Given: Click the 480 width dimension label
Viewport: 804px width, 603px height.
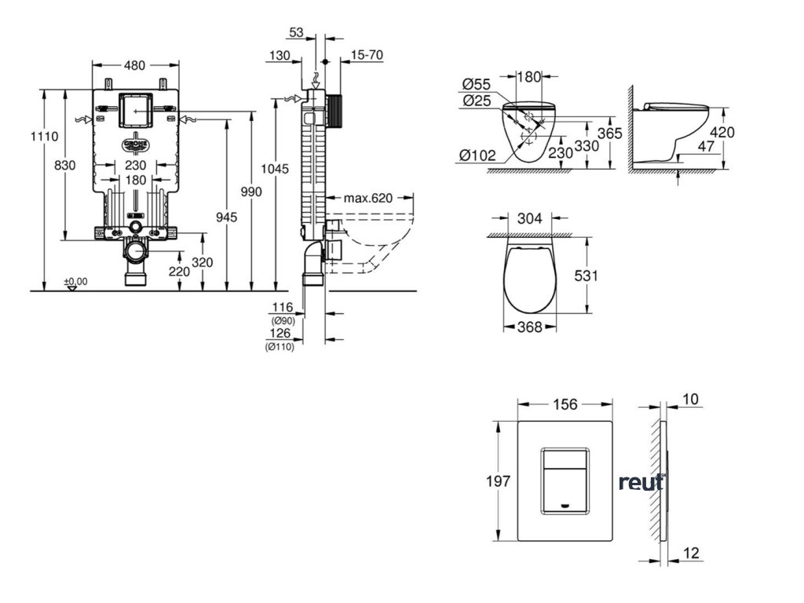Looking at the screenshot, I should tap(134, 65).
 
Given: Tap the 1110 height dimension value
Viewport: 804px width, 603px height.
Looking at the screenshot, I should tap(44, 136).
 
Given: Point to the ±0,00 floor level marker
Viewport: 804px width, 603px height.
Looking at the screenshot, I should tap(76, 281).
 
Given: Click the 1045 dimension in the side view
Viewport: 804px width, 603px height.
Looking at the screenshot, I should tap(276, 169).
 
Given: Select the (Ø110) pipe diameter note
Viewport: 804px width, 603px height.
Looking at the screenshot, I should tap(280, 347).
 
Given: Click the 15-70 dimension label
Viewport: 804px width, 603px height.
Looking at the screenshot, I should tap(367, 55).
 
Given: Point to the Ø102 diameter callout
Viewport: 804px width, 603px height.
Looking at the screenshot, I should tap(477, 155).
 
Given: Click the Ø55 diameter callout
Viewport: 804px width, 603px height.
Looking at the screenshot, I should tap(476, 84).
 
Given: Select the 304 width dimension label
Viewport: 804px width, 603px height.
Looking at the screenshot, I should tap(531, 219).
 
